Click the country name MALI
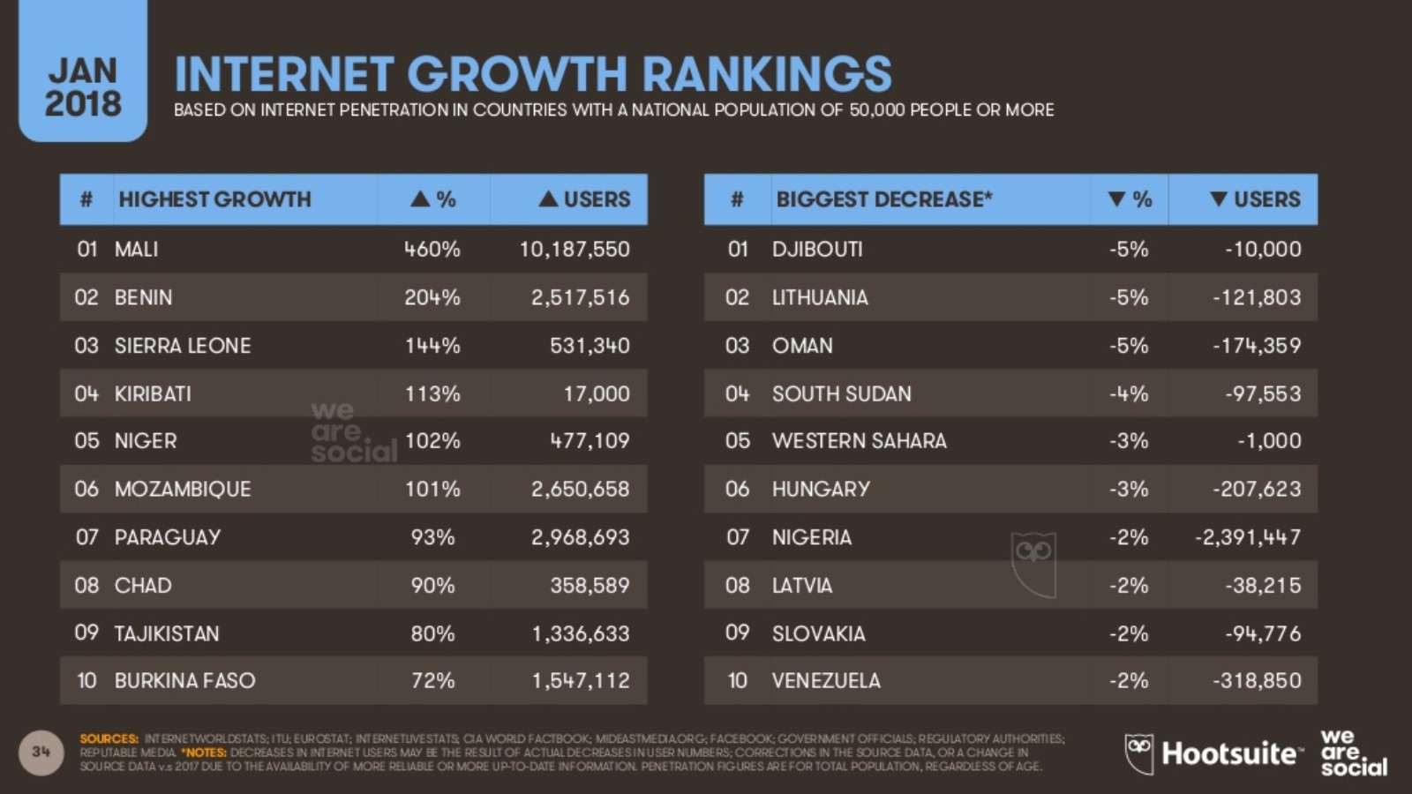point(136,250)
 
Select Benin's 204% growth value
point(432,297)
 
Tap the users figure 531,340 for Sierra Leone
point(590,346)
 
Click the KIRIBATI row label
point(153,394)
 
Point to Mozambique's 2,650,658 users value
point(580,490)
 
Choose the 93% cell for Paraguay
point(432,537)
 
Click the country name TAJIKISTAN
point(167,633)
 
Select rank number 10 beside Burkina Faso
point(86,681)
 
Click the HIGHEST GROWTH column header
point(214,199)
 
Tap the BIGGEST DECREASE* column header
point(883,199)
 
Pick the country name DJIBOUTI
point(817,250)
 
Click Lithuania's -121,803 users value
point(1256,297)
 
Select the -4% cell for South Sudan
point(1129,394)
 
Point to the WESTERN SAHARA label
point(859,441)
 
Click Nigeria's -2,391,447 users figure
point(1247,537)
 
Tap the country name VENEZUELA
point(826,681)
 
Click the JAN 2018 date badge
point(83,86)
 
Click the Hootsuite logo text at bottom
point(1230,753)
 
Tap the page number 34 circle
point(41,752)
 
